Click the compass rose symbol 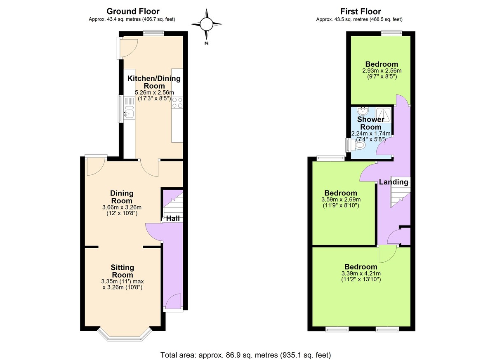point(206,25)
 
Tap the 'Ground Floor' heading point(133,12)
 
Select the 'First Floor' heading point(360,12)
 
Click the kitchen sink point(129,112)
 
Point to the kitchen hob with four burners point(177,103)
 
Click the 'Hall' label point(173,219)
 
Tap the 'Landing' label point(394,182)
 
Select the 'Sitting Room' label point(122,271)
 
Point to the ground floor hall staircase point(173,204)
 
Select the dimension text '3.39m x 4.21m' point(361,273)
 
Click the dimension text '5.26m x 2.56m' point(154,92)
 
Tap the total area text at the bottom point(245,355)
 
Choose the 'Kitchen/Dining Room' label point(154,82)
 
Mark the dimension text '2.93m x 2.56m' point(382,71)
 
